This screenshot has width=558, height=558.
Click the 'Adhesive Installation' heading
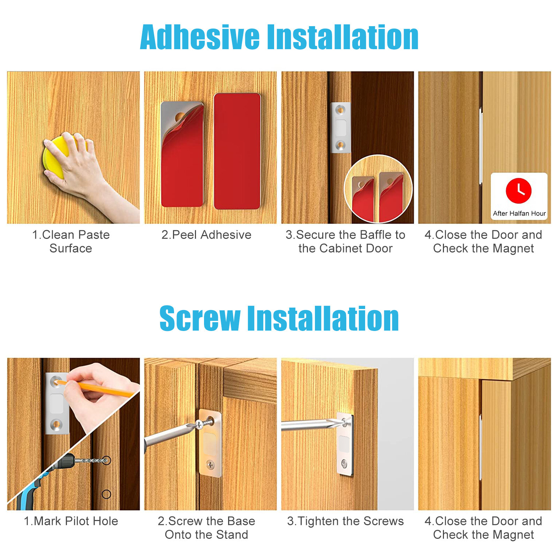(x=279, y=38)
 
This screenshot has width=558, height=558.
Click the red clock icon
(x=518, y=191)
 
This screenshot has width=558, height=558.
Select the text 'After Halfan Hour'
(x=519, y=213)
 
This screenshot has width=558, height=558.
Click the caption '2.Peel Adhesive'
(x=206, y=235)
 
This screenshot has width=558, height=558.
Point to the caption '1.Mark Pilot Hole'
(x=71, y=521)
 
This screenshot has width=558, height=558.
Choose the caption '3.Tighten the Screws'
(x=345, y=521)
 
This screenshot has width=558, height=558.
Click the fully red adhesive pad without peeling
(x=237, y=151)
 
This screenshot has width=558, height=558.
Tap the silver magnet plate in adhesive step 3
(x=340, y=128)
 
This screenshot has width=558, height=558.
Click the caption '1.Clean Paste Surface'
(x=71, y=241)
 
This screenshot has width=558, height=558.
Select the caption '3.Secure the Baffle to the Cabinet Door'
(x=345, y=241)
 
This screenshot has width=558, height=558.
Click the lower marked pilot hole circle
(x=106, y=494)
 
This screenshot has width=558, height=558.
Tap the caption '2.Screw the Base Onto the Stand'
(x=206, y=528)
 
